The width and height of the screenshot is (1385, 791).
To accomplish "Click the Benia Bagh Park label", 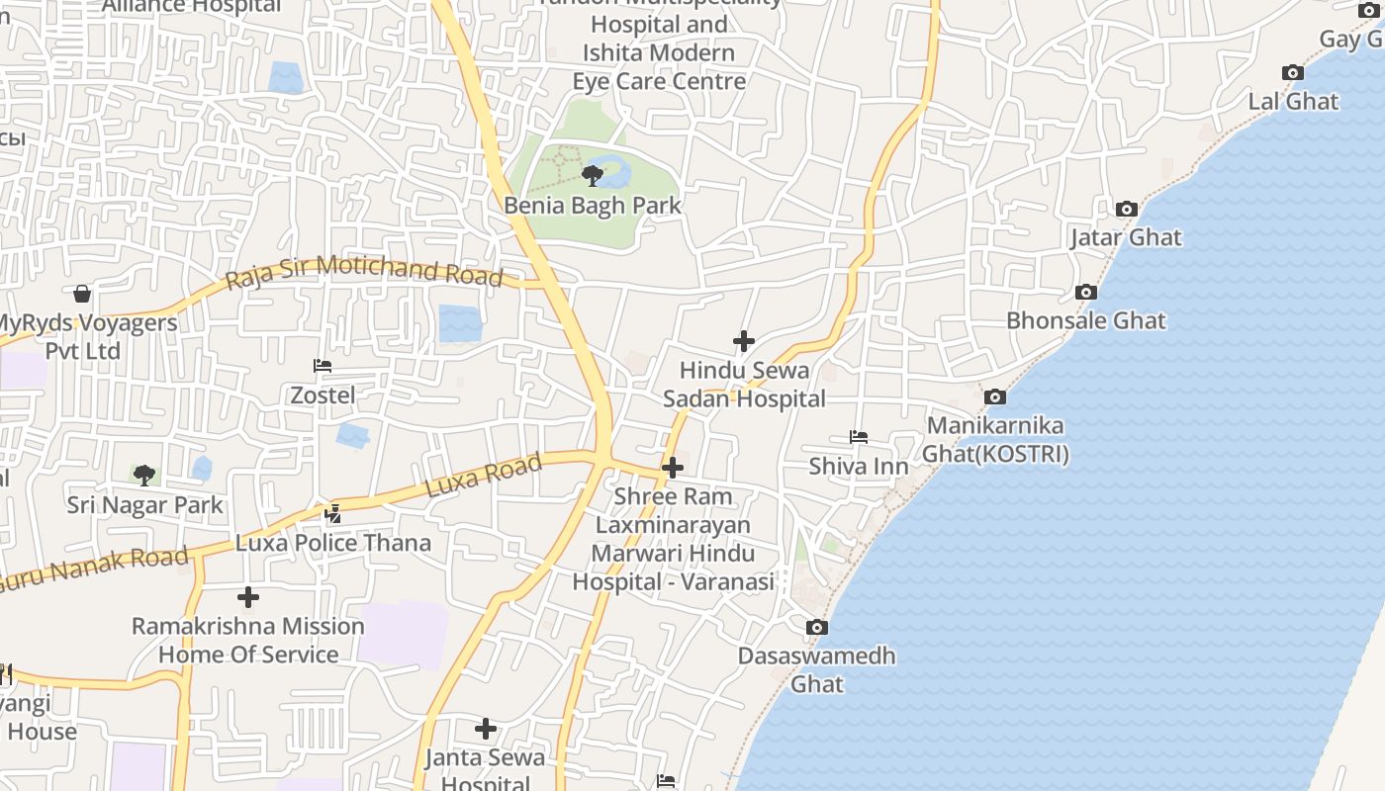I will pos(593,206).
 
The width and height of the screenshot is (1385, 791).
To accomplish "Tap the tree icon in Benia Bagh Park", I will pos(593,176).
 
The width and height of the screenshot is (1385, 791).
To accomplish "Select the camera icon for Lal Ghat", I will pos(1292,72).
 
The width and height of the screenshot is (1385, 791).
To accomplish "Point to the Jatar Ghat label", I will pos(1126,237).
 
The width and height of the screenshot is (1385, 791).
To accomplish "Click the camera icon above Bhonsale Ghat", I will pos(1085,293).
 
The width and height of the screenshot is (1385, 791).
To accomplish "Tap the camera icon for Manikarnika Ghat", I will pos(995,397).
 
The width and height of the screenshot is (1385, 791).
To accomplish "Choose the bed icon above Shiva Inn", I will pos(858,437).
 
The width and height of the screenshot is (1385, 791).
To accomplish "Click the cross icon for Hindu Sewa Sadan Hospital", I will pos(744,342).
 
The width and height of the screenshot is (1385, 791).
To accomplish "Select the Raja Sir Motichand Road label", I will pos(364,271).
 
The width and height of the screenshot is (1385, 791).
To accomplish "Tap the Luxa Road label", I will pos(484,476).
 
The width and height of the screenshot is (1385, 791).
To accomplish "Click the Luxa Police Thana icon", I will pos(333,514).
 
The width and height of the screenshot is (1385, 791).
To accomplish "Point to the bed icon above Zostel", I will pos(323,366).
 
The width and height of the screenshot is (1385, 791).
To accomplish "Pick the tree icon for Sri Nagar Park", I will pos(144,476).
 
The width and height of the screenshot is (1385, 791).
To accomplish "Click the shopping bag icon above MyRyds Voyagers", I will pos(82,294).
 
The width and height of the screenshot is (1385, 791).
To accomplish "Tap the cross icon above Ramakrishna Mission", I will pos(248,597).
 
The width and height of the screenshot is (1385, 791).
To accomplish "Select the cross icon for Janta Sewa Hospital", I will pos(486,729).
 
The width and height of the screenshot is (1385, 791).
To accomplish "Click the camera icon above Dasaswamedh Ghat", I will pos(817,627).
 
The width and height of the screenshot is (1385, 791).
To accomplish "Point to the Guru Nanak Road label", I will pos(94,570).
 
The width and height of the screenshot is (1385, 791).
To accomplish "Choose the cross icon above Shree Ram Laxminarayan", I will pos(673,467).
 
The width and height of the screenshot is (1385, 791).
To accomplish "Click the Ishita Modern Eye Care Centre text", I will pos(659,66).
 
